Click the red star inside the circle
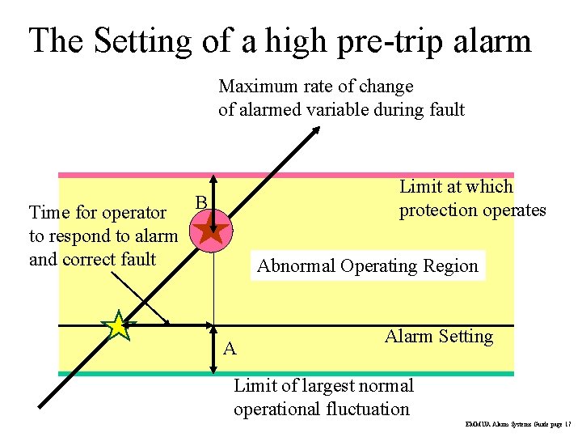click(212, 231)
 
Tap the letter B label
click(202, 202)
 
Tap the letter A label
click(230, 349)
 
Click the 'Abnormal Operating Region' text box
click(368, 265)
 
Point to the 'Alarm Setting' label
click(439, 336)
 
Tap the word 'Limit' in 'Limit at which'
click(418, 187)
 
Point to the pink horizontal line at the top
click(323, 174)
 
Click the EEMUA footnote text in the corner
click(517, 424)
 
